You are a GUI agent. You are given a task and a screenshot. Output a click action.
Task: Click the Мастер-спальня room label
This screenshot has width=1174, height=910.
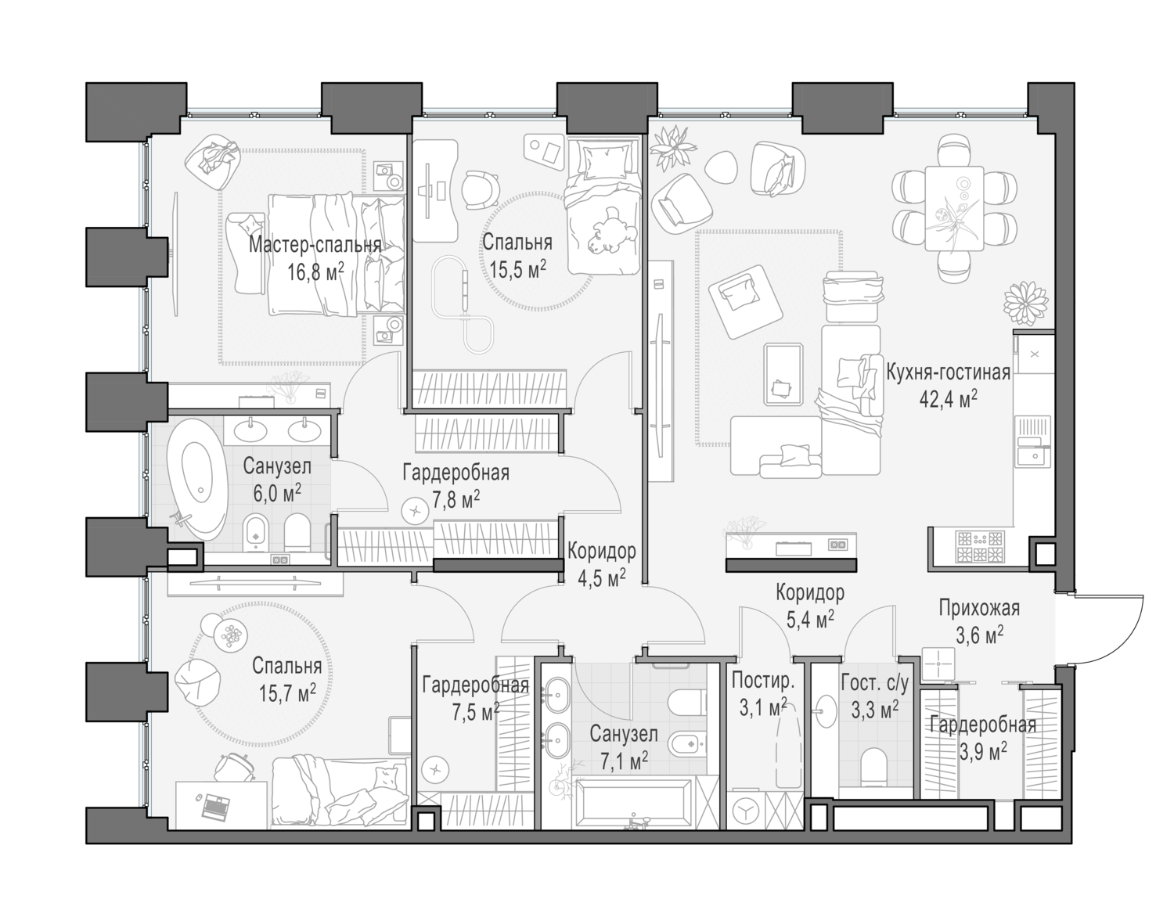click(x=315, y=245)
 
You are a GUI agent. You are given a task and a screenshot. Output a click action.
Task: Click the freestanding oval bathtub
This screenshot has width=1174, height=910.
click(x=196, y=477)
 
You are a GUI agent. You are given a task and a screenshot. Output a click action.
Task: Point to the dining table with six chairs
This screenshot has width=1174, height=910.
click(x=953, y=208)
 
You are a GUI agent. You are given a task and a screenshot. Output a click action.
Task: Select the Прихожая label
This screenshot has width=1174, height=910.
click(x=979, y=607)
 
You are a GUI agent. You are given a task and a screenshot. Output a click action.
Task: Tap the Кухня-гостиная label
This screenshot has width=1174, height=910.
click(x=948, y=372)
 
